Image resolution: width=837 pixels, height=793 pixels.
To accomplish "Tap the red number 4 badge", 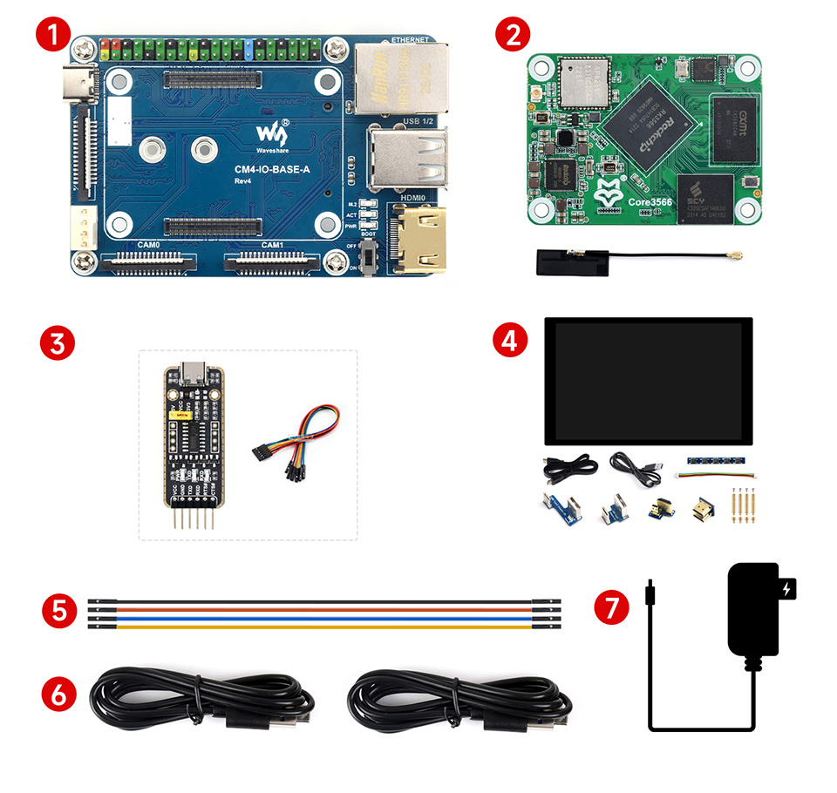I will [x=511, y=341].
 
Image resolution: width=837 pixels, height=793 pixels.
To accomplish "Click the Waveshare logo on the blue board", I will [x=270, y=135].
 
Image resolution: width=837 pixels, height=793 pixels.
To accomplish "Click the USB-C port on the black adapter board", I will [x=190, y=376].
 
